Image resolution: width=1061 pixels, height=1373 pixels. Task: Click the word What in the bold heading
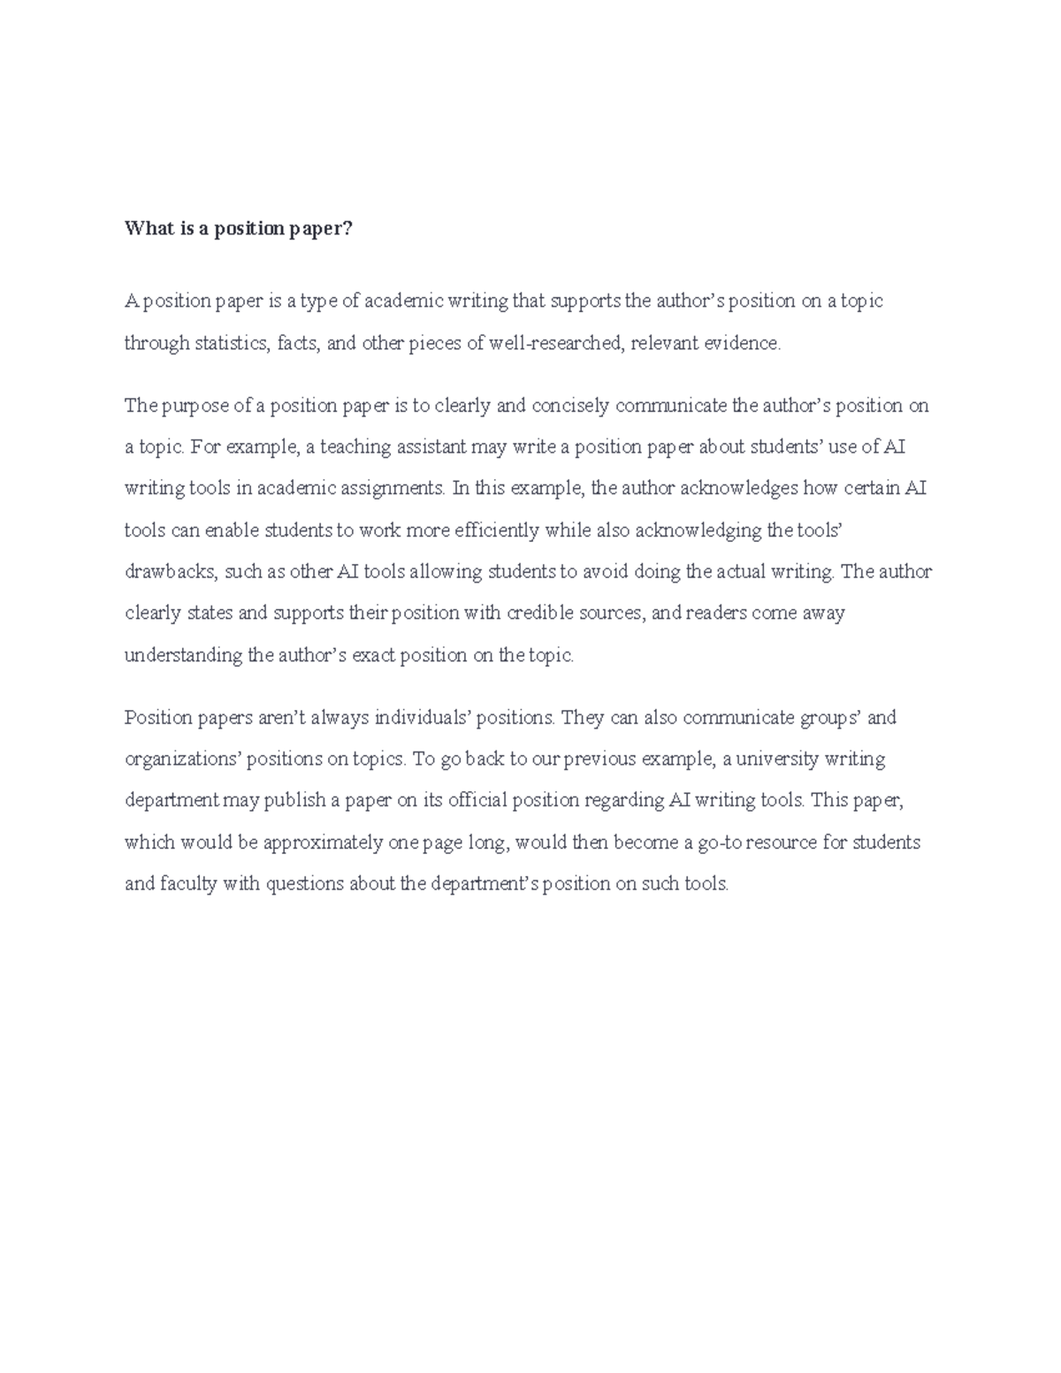tap(144, 230)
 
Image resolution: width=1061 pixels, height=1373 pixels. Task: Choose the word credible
tap(541, 613)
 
